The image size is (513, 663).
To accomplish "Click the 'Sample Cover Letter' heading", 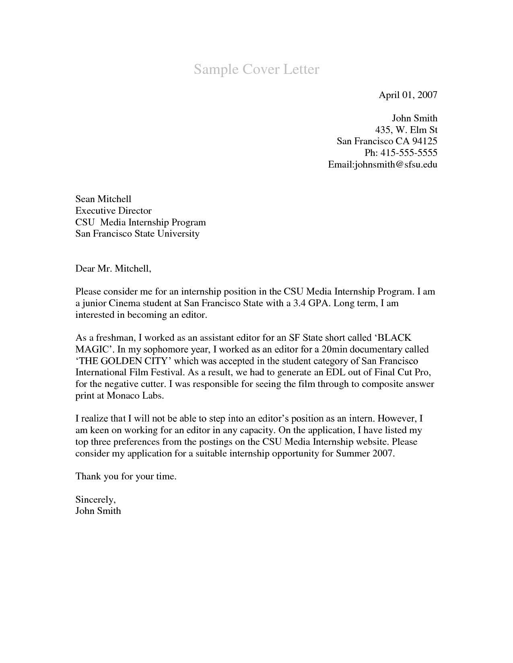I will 256,70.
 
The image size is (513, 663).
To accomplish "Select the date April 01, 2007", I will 408,95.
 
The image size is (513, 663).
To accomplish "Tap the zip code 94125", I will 424,141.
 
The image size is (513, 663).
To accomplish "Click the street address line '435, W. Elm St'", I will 406,130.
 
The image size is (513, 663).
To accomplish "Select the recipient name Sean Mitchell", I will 103,199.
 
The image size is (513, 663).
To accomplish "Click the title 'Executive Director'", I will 113,211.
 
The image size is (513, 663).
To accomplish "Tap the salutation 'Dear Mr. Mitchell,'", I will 113,268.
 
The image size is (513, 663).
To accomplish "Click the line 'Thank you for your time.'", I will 126,477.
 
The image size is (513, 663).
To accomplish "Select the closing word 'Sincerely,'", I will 95,499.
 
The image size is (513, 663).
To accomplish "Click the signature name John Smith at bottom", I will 98,511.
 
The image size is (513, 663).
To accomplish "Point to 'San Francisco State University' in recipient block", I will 137,233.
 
